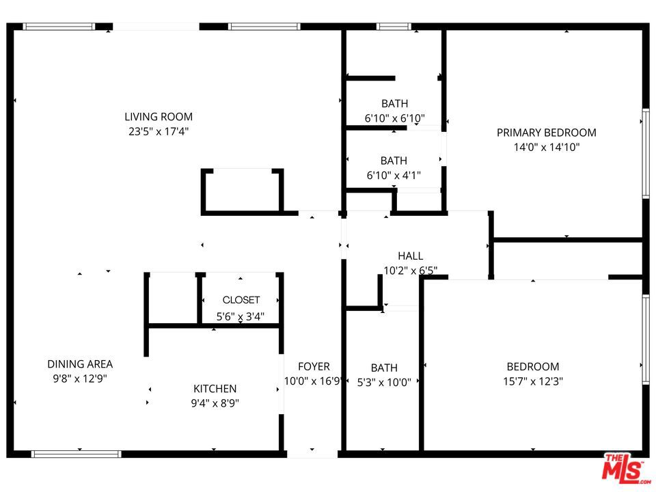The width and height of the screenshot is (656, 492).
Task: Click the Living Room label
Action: [x=159, y=117]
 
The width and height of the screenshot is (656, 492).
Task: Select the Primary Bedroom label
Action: [x=546, y=133]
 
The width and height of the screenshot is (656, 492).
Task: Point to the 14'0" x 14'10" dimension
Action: [x=546, y=147]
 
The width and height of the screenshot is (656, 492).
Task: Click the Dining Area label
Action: [x=80, y=364]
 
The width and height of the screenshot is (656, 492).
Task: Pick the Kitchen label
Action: [x=215, y=389]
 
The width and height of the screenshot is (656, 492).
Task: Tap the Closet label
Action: [x=241, y=300]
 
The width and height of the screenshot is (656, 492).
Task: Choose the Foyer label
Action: [x=314, y=367]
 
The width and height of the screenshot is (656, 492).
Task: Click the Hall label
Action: [x=410, y=256]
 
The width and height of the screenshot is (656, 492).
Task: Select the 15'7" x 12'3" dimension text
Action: [x=532, y=382]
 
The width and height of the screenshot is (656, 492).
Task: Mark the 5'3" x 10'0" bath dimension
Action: [x=384, y=383]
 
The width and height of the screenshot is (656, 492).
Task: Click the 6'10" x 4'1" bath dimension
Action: [x=394, y=176]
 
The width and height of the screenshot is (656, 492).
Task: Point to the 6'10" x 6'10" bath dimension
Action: [x=394, y=118]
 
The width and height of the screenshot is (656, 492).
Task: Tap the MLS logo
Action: [x=623, y=468]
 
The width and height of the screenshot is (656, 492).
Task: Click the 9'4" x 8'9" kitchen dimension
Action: [x=215, y=403]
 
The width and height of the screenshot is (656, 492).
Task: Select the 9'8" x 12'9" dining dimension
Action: [x=80, y=379]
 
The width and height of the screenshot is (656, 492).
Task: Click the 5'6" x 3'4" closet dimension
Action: [x=241, y=316]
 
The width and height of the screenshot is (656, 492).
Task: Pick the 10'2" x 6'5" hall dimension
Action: [x=410, y=271]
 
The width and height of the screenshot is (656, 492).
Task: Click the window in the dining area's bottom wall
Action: [x=77, y=454]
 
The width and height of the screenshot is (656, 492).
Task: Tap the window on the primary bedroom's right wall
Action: [x=645, y=154]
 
